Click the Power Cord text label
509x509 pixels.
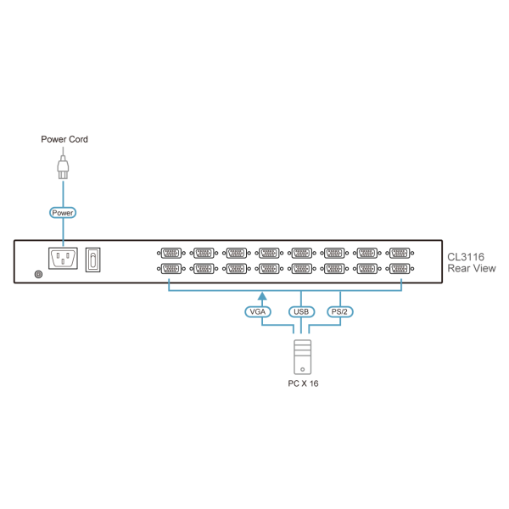point(64,139)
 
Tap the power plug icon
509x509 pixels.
point(64,165)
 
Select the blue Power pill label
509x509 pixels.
point(64,213)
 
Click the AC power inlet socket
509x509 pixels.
point(64,258)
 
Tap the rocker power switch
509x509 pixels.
point(94,258)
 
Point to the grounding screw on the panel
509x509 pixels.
point(36,273)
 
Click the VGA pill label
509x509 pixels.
point(258,312)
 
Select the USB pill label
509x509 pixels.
point(301,312)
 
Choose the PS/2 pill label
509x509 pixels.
point(340,312)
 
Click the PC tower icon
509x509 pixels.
point(301,357)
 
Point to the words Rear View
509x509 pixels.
point(472,269)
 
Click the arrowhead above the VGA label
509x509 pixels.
point(262,297)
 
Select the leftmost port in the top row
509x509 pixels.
point(171,252)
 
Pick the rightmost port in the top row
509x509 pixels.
point(399,252)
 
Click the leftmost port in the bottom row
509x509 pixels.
point(171,268)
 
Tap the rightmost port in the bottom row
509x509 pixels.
point(399,268)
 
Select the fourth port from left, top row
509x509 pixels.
point(268,252)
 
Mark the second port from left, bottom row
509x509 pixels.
point(203,268)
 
